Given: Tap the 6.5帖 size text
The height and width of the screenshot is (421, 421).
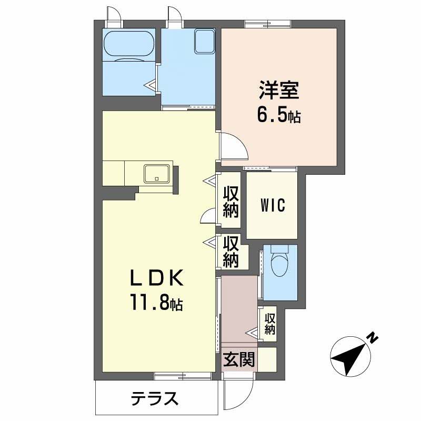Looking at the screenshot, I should point(278,115).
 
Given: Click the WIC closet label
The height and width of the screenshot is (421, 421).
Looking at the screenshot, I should point(272,206).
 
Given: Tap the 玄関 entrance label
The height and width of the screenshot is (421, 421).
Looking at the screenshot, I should point(239,360).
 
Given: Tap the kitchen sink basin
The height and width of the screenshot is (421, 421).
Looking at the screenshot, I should point(157,173).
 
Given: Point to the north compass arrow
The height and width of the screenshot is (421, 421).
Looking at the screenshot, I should point(350,357).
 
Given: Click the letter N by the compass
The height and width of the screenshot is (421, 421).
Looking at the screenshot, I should point(372,337).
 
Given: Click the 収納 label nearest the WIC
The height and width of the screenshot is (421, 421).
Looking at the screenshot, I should point(231,202).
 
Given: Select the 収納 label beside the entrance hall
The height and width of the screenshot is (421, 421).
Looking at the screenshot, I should point(270,324).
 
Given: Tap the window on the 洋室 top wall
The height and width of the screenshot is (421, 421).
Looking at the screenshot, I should point(268,23).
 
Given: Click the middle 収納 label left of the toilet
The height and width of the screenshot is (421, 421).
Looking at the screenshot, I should point(231,252).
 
